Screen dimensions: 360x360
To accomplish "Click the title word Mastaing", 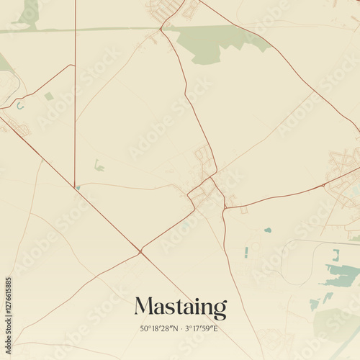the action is click(x=180, y=307).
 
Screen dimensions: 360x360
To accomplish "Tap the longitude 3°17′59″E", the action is click(x=202, y=330).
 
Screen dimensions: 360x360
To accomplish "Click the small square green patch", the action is click(x=48, y=96).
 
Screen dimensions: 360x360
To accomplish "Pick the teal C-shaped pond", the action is click(x=20, y=106).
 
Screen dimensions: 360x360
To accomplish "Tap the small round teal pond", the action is click(x=268, y=230).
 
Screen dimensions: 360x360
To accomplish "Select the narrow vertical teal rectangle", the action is click(x=246, y=252).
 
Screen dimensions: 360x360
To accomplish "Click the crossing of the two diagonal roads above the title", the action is click(x=140, y=251).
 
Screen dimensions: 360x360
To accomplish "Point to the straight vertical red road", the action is click(x=75, y=108).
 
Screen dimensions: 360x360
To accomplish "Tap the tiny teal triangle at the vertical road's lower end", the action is click(x=78, y=187).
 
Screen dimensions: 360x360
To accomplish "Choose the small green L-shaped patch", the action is click(x=99, y=166).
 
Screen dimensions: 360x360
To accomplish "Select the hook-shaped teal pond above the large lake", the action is click(x=336, y=255).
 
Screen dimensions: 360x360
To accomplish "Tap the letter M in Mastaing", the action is click(x=143, y=307).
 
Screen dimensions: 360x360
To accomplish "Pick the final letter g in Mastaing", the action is click(x=219, y=310).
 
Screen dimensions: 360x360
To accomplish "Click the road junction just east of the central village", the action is click(x=225, y=207).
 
